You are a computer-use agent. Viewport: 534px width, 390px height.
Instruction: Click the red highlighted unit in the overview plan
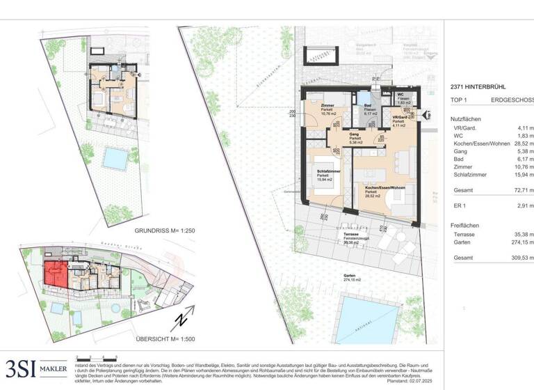point(55,274)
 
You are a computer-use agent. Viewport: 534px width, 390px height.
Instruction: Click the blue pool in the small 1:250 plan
point(112,158)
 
